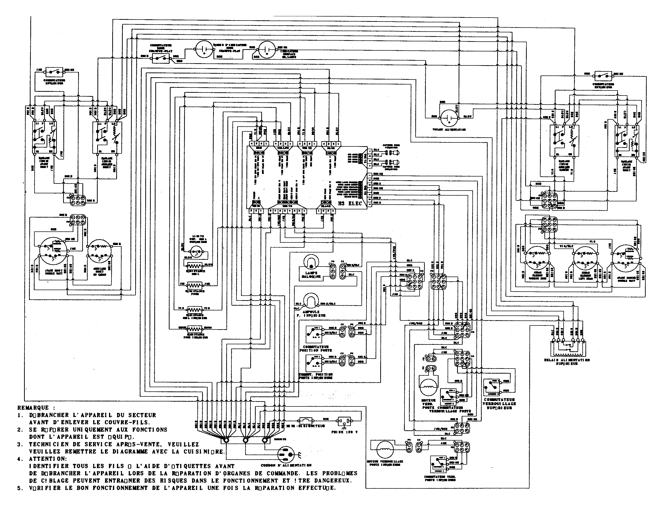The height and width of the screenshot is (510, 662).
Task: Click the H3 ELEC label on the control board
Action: click(x=350, y=203)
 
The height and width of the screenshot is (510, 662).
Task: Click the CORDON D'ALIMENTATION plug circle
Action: click(x=286, y=455)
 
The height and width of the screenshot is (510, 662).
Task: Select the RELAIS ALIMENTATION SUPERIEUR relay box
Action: click(x=567, y=349)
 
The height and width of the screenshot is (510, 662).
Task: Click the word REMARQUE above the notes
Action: click(x=36, y=408)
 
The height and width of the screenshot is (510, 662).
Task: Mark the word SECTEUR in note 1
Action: click(x=142, y=415)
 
